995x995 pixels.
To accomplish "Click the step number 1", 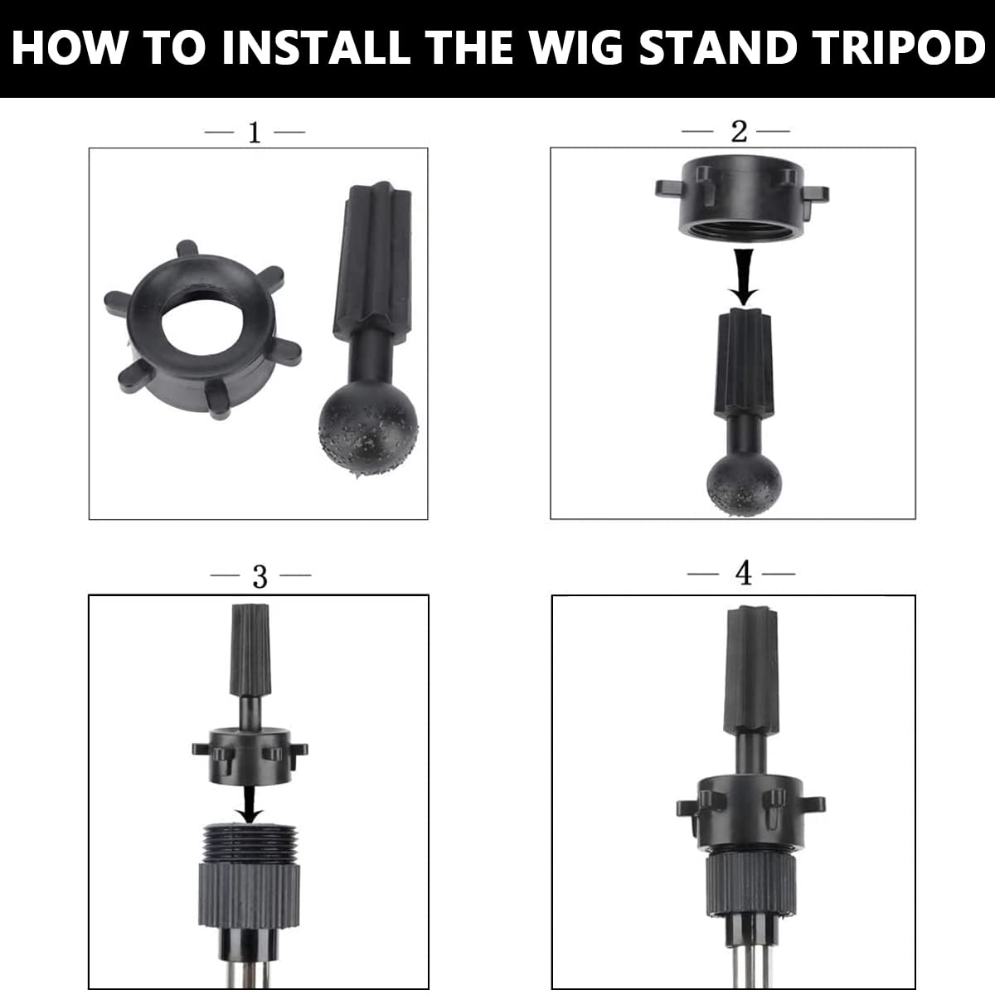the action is [x=255, y=133].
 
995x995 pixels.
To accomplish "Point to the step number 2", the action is [x=739, y=132].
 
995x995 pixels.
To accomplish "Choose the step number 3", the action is [x=260, y=577].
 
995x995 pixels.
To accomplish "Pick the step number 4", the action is [x=744, y=573].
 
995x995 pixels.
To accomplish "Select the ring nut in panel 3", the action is [x=250, y=757].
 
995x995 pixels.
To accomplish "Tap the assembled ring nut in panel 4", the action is [x=750, y=812].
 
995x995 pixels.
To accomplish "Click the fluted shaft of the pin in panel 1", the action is [x=374, y=264].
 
